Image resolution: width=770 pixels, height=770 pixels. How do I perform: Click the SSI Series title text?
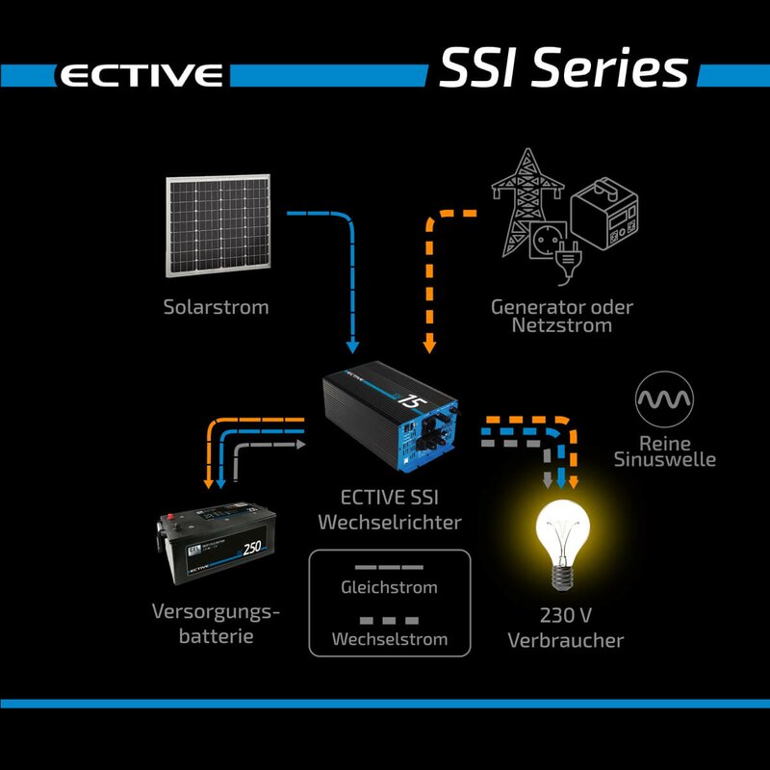point(563,69)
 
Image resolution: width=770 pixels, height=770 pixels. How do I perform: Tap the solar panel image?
point(217,224)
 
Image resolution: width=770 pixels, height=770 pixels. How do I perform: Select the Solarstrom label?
point(216,308)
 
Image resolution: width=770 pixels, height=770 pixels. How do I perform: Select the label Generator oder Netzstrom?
point(563,316)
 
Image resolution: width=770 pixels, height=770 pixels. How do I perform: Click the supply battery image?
point(218,552)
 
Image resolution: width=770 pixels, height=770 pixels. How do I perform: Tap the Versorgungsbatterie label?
point(216,624)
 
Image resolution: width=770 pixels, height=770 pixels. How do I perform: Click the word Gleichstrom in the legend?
point(389,587)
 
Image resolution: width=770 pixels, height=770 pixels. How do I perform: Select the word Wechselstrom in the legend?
point(389,639)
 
